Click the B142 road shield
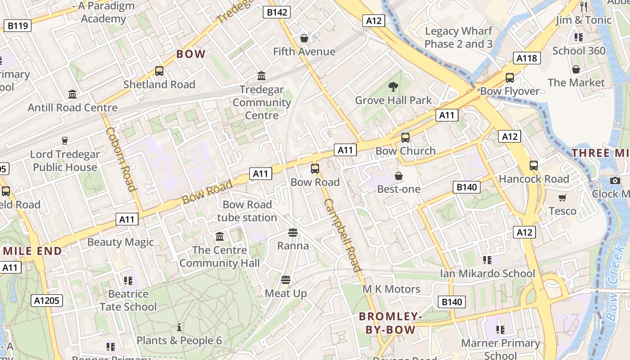(277, 12)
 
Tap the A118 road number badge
(526, 58)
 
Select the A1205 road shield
(47, 300)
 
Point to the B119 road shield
(18, 26)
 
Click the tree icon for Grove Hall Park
(393, 86)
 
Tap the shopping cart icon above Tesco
(562, 198)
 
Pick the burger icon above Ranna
(293, 232)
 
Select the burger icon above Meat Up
(285, 280)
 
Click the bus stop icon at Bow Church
(405, 137)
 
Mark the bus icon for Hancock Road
(534, 165)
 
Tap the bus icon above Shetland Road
(159, 71)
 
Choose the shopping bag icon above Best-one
(398, 175)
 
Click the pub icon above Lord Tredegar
(65, 141)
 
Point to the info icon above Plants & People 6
(179, 327)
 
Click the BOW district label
(191, 54)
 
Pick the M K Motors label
(391, 289)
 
